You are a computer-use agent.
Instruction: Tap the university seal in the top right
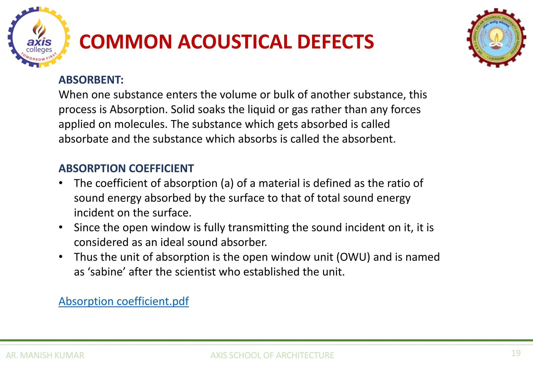(496, 38)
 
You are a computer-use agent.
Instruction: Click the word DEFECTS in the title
(335, 42)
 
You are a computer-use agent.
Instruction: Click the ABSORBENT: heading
(91, 80)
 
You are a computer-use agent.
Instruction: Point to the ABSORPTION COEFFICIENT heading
(126, 168)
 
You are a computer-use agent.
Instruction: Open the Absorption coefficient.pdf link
(124, 301)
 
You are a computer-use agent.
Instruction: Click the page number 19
(516, 353)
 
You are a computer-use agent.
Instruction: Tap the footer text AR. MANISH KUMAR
(45, 355)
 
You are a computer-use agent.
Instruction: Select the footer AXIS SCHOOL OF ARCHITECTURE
(272, 355)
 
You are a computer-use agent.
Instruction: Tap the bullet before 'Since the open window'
(61, 227)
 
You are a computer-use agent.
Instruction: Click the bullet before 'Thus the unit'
(61, 257)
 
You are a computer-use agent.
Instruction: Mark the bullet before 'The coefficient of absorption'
(61, 183)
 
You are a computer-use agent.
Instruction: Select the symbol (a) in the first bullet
(227, 183)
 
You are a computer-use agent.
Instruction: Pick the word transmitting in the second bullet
(258, 227)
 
